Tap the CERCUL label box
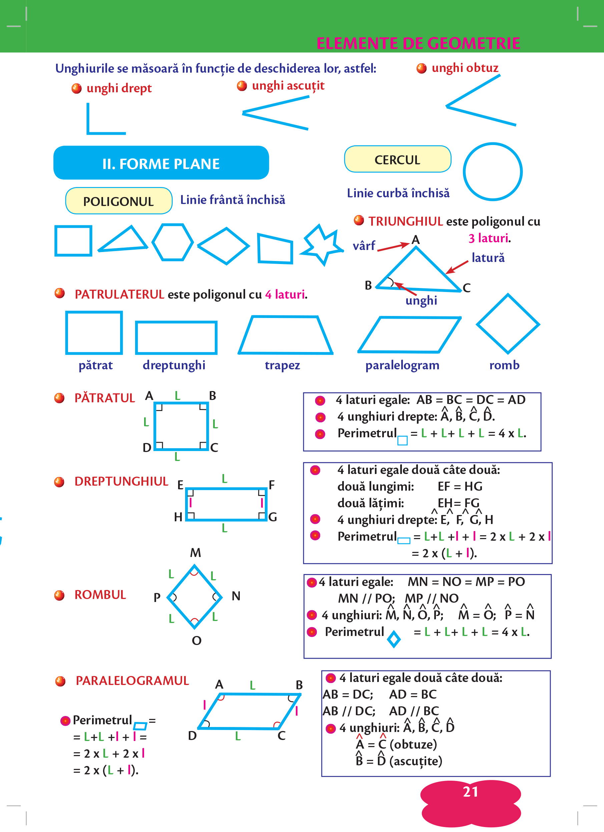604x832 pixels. click(398, 160)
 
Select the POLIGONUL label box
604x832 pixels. click(118, 201)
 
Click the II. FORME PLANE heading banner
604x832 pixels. click(161, 163)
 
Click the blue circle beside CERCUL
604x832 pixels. click(493, 172)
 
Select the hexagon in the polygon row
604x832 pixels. click(172, 242)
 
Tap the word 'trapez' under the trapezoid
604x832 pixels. click(282, 365)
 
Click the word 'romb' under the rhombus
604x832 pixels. click(504, 365)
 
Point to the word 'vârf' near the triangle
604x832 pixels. click(364, 245)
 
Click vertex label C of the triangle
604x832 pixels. click(466, 288)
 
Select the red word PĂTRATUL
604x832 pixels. click(105, 398)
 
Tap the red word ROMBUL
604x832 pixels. click(100, 595)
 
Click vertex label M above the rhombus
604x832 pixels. click(195, 552)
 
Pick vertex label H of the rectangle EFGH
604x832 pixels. click(178, 517)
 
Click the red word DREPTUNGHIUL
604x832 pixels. click(121, 481)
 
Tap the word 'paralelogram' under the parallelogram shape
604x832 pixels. click(402, 365)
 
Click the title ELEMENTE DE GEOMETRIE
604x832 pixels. click(418, 43)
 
